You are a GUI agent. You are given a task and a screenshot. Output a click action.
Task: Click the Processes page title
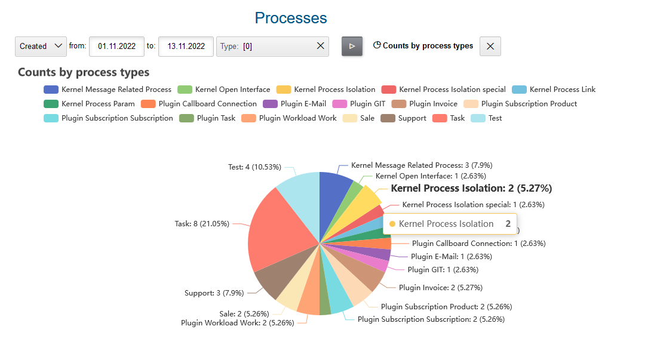tap(291, 18)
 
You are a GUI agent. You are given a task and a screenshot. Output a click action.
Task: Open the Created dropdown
tap(41, 46)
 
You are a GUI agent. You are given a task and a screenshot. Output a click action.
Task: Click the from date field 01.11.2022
tap(116, 46)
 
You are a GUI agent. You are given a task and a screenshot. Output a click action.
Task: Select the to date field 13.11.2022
tap(186, 46)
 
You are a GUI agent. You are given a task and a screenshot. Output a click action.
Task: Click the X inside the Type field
tap(320, 46)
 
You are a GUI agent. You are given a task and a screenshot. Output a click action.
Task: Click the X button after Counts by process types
tap(490, 46)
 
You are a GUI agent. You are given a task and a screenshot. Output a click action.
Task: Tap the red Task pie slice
tap(281, 233)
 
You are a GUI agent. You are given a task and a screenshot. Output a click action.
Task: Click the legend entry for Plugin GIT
tap(355, 104)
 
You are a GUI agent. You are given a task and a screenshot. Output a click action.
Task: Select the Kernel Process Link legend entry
tap(554, 90)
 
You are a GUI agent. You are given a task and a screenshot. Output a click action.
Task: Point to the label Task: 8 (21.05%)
tap(202, 224)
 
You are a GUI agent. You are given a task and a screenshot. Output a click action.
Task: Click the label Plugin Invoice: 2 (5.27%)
tap(440, 288)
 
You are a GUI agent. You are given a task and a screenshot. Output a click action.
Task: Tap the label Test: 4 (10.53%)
tap(254, 167)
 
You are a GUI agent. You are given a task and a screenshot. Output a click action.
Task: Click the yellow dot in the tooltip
tap(392, 224)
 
